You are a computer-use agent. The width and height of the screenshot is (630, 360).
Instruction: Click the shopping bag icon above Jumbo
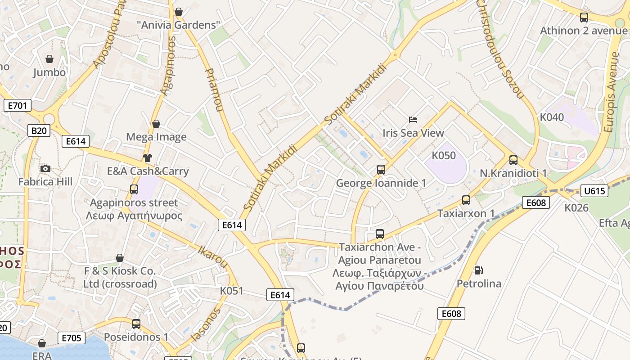tap(49, 59)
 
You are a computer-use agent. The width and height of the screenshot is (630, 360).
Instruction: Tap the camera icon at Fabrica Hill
tap(45, 169)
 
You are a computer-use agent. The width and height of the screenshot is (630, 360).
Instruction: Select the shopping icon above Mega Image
tap(156, 124)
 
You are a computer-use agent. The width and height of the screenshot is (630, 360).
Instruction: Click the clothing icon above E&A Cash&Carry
tap(148, 158)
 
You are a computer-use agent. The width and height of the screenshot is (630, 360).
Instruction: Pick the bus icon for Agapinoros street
tap(134, 189)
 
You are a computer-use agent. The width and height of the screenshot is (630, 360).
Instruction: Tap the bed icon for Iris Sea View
tap(413, 120)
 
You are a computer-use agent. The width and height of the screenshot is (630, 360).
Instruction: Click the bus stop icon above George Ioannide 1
tap(381, 170)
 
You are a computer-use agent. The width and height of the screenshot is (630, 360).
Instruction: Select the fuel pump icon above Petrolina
tap(479, 270)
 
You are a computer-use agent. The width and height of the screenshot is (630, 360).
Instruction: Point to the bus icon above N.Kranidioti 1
tap(513, 160)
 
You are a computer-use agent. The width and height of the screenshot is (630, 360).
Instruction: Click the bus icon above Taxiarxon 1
tap(466, 200)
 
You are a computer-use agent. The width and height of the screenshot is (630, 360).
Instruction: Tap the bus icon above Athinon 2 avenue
tap(584, 18)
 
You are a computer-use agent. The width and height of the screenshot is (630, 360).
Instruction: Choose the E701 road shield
tap(18, 106)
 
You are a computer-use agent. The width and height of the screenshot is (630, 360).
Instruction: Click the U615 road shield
tap(594, 191)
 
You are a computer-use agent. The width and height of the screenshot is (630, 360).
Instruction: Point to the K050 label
tap(444, 156)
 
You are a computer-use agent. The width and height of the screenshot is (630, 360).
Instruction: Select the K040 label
tap(552, 117)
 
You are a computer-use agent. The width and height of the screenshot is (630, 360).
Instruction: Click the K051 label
tap(232, 291)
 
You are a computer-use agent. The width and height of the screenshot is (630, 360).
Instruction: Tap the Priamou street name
tap(214, 90)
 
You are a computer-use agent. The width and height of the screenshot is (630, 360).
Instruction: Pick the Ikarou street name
tap(213, 256)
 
